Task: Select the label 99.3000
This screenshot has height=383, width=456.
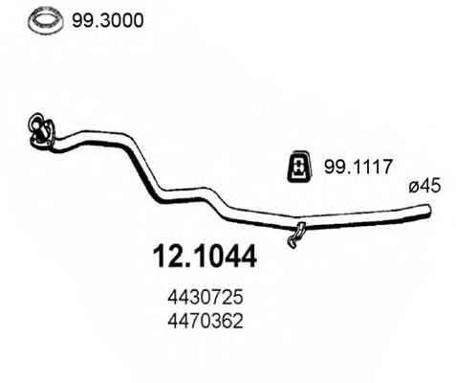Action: [x=108, y=21]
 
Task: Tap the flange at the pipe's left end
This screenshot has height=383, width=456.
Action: [x=40, y=130]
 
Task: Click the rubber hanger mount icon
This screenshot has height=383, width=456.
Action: [x=299, y=166]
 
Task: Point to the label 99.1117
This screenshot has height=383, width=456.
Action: [x=358, y=167]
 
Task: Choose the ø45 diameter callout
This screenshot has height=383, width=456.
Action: [x=424, y=186]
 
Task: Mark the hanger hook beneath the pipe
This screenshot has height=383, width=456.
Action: [x=296, y=235]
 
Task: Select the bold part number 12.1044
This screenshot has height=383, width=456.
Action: [x=205, y=257]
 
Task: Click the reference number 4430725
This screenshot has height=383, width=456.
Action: [x=206, y=298]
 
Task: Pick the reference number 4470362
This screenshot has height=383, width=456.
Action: [x=206, y=322]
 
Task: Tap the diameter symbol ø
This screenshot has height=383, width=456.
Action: [x=414, y=188]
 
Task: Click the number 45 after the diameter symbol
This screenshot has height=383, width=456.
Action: [x=430, y=186]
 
